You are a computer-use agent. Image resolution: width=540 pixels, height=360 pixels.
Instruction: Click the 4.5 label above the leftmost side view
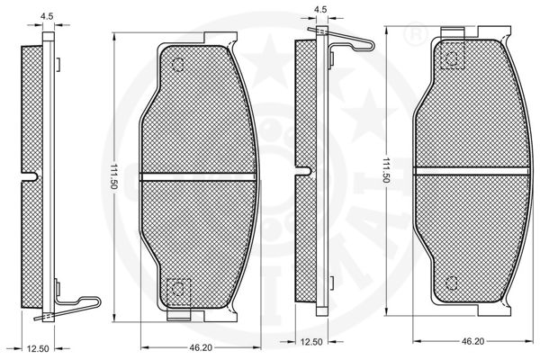[x=47, y=16]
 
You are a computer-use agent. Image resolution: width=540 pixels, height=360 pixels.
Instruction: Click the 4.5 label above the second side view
[x=320, y=10]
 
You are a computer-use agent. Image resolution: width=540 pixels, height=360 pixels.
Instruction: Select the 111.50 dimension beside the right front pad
[x=386, y=170]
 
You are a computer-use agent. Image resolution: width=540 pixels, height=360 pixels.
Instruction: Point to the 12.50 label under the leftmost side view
[x=38, y=348]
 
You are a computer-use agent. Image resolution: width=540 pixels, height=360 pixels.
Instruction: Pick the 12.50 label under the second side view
[x=311, y=342]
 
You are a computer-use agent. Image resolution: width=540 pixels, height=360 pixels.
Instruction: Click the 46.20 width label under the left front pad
[x=201, y=348]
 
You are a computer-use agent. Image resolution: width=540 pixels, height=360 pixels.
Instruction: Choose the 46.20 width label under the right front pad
[x=472, y=341]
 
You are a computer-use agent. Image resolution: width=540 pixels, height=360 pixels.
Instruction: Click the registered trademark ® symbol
[x=415, y=35]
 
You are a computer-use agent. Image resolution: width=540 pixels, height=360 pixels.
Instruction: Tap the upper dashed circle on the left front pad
[x=178, y=65]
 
